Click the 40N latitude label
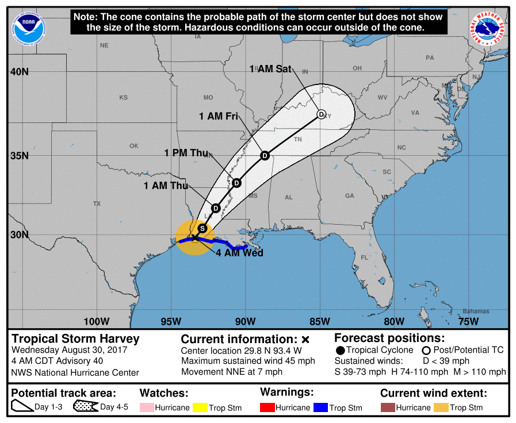[18, 72]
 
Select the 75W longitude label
[469, 321]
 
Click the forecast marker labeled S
[202, 228]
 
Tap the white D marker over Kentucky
[322, 114]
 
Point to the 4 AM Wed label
[240, 253]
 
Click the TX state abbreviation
[97, 203]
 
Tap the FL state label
[364, 257]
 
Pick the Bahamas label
[475, 312]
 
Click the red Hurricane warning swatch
[267, 407]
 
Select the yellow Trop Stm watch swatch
[200, 407]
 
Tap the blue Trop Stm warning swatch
[320, 407]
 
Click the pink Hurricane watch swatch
[147, 407]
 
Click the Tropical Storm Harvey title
[75, 339]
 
